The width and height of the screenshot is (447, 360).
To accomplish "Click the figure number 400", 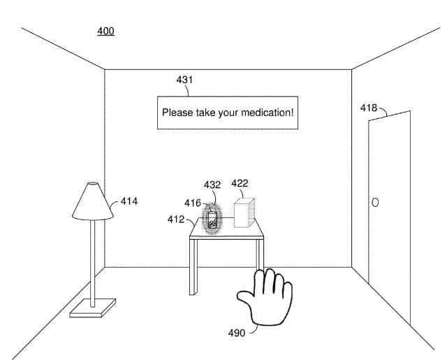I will pyautogui.click(x=106, y=31).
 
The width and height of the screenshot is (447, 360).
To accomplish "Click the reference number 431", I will pyautogui.click(x=184, y=80).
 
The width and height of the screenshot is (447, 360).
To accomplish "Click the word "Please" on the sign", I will pyautogui.click(x=177, y=112).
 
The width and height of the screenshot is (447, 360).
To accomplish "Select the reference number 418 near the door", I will pyautogui.click(x=368, y=108).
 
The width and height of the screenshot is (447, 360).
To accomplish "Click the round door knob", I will pyautogui.click(x=375, y=202).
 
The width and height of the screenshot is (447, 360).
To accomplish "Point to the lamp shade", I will pyautogui.click(x=93, y=201).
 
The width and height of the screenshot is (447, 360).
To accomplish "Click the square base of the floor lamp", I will pyautogui.click(x=92, y=306).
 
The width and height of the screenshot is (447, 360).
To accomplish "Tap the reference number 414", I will pyautogui.click(x=129, y=201).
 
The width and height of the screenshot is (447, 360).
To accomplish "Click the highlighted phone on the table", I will pyautogui.click(x=212, y=219).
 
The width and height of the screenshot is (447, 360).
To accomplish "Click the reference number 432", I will pyautogui.click(x=212, y=185).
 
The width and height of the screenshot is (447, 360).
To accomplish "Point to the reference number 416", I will pyautogui.click(x=193, y=203).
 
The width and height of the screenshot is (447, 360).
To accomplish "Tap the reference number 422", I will pyautogui.click(x=240, y=183).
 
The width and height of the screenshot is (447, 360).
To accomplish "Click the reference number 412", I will pyautogui.click(x=175, y=219).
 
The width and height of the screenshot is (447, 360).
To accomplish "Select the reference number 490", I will pyautogui.click(x=237, y=333).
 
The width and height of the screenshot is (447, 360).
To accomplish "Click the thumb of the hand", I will pyautogui.click(x=246, y=302).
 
